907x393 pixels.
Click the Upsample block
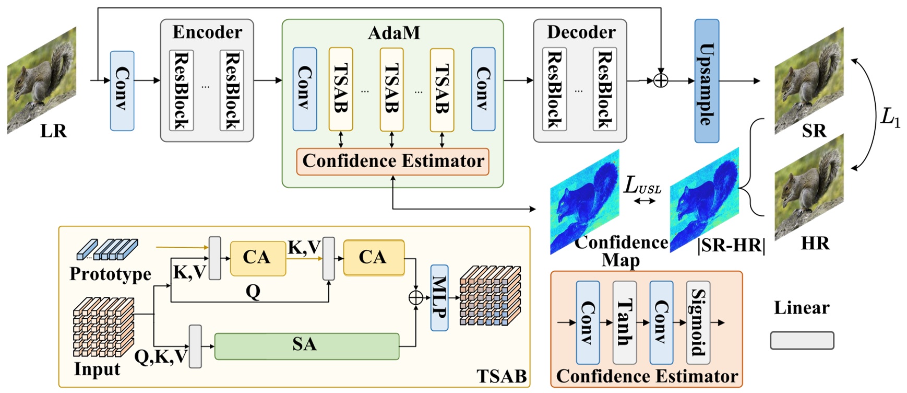point(707,81)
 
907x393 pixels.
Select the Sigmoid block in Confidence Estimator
point(698,322)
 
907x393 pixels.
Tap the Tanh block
point(624,322)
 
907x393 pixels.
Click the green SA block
point(307,346)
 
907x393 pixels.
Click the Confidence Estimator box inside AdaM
point(392,161)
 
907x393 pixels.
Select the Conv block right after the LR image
point(122,90)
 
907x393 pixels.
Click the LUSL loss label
point(642,186)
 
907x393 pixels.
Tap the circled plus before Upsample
point(661,80)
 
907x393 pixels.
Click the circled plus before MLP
point(415,298)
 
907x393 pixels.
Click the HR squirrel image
point(809,188)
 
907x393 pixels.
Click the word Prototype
point(110,274)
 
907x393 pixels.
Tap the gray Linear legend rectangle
point(802,341)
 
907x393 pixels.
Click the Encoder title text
point(207,32)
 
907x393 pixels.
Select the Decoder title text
point(581,32)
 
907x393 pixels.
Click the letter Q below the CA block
point(253,292)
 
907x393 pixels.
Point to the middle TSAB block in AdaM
point(391,89)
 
